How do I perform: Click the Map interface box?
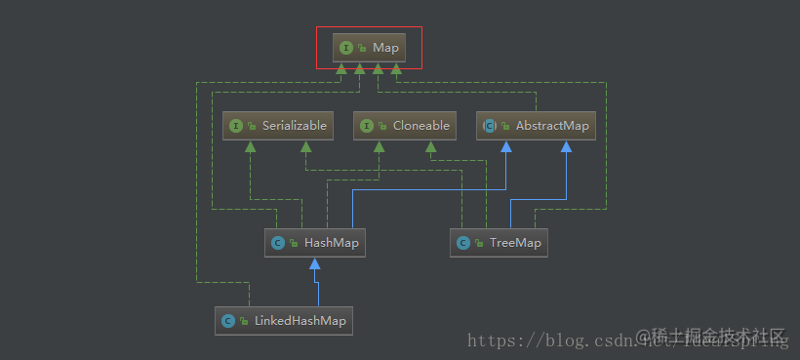coord(369,47)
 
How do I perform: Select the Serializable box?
coord(278,126)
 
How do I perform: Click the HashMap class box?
coord(314,243)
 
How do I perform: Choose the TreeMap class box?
coord(499,243)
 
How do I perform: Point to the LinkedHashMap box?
coord(283,320)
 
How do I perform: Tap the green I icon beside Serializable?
coord(235,126)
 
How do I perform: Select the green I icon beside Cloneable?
coord(367,126)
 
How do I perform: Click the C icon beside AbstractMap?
coord(491,126)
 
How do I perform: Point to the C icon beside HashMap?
coord(277,243)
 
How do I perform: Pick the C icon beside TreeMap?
coord(463,243)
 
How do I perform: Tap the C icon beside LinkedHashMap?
coord(228,320)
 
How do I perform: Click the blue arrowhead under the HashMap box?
coord(314,264)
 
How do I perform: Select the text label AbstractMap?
coord(552,126)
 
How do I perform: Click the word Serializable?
coord(294,126)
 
